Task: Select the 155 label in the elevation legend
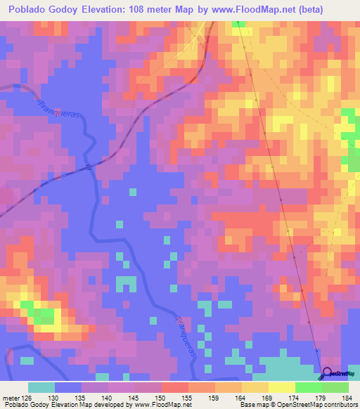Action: click(188, 397)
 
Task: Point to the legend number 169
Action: click(268, 397)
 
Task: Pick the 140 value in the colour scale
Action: click(108, 397)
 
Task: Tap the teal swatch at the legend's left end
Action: click(41, 387)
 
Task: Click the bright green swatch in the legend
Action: click(309, 387)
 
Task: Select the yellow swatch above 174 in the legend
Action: click(282, 387)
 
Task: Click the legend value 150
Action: click(161, 397)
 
